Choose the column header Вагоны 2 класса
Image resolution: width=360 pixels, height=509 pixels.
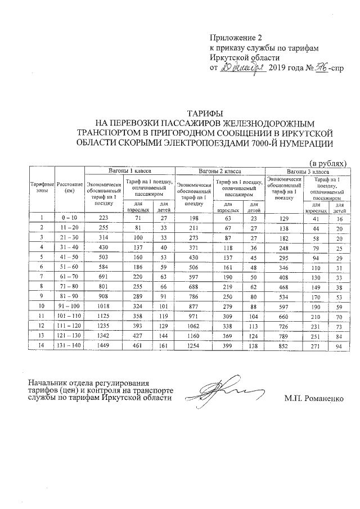(x=220, y=170)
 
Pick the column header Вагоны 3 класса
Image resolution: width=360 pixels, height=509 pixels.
(x=308, y=170)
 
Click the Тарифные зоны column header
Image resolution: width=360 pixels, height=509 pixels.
(x=42, y=187)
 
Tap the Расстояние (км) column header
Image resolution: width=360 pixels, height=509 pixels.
(x=70, y=187)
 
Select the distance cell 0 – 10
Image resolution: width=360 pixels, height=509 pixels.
(x=70, y=217)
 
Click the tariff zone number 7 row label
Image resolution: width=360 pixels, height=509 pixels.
(x=42, y=277)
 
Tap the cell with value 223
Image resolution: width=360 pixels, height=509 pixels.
(x=103, y=217)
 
